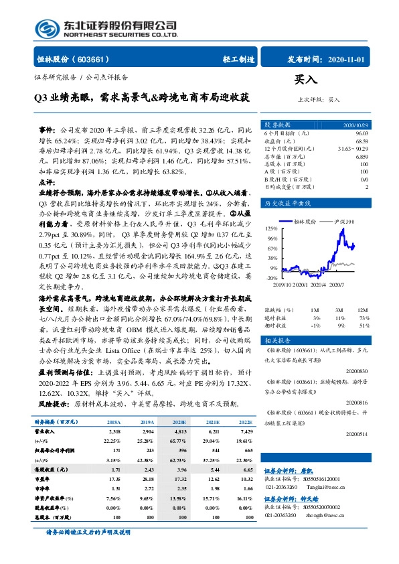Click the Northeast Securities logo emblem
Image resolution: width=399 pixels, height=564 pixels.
tap(47, 29)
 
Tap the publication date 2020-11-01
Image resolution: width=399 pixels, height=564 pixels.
tap(346, 59)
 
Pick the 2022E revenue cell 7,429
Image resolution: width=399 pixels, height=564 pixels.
tap(244, 432)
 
